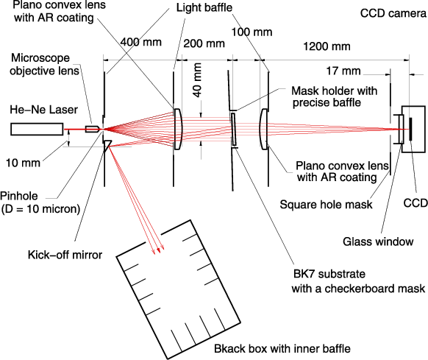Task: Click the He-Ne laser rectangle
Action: pyautogui.click(x=37, y=129)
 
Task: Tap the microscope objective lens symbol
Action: pyautogui.click(x=92, y=129)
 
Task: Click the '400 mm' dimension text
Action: pyautogui.click(x=141, y=42)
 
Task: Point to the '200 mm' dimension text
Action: pyautogui.click(x=204, y=43)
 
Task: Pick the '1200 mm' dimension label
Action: pyautogui.click(x=327, y=46)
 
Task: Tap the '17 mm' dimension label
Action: pyautogui.click(x=343, y=71)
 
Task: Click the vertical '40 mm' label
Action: pyautogui.click(x=197, y=80)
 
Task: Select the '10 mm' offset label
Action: pyautogui.click(x=23, y=163)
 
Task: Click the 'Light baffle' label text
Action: pyautogui.click(x=204, y=7)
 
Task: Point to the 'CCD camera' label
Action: pyautogui.click(x=393, y=13)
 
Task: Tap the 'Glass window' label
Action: pyautogui.click(x=378, y=241)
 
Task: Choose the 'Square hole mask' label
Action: pyautogui.click(x=327, y=205)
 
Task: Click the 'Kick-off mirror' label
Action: pyautogui.click(x=65, y=255)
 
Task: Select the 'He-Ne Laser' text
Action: pyautogui.click(x=43, y=110)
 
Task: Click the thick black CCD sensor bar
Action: pyautogui.click(x=410, y=130)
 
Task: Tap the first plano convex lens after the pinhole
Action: pyautogui.click(x=178, y=129)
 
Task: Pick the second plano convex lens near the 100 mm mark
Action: pyautogui.click(x=264, y=129)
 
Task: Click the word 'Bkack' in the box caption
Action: pyautogui.click(x=229, y=349)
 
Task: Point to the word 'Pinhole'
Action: pyautogui.click(x=19, y=196)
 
